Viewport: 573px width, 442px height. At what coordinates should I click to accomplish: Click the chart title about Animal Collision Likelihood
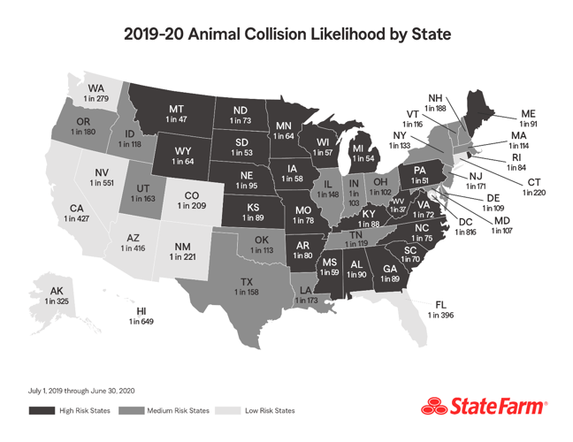click(286, 35)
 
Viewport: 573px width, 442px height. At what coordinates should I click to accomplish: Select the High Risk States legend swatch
click(41, 410)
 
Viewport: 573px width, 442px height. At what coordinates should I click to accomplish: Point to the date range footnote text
click(81, 390)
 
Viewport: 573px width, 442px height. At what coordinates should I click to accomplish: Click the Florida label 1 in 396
click(440, 309)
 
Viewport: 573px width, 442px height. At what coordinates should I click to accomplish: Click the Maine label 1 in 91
click(529, 119)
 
